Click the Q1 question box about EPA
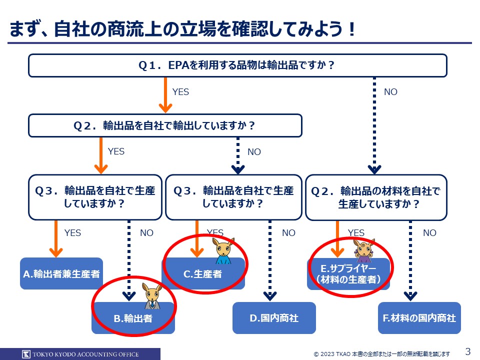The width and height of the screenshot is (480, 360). point(237,65)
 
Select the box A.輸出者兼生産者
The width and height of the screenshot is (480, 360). point(61,273)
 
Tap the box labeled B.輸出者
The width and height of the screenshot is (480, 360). point(133,318)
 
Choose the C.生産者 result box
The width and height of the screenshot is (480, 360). point(202,274)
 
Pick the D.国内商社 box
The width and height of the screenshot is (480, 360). point(274,318)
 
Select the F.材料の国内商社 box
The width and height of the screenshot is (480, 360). point(419,318)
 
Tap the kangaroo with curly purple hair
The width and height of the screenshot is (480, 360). point(363,250)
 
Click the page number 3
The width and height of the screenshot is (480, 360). point(468,351)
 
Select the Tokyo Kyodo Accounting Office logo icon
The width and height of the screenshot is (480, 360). point(26,354)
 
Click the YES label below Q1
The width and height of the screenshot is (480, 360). point(180,92)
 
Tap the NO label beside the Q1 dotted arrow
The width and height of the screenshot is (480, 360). point(390,92)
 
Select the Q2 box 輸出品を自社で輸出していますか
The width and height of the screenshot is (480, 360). point(165,125)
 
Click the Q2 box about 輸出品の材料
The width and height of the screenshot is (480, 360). point(375,197)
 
